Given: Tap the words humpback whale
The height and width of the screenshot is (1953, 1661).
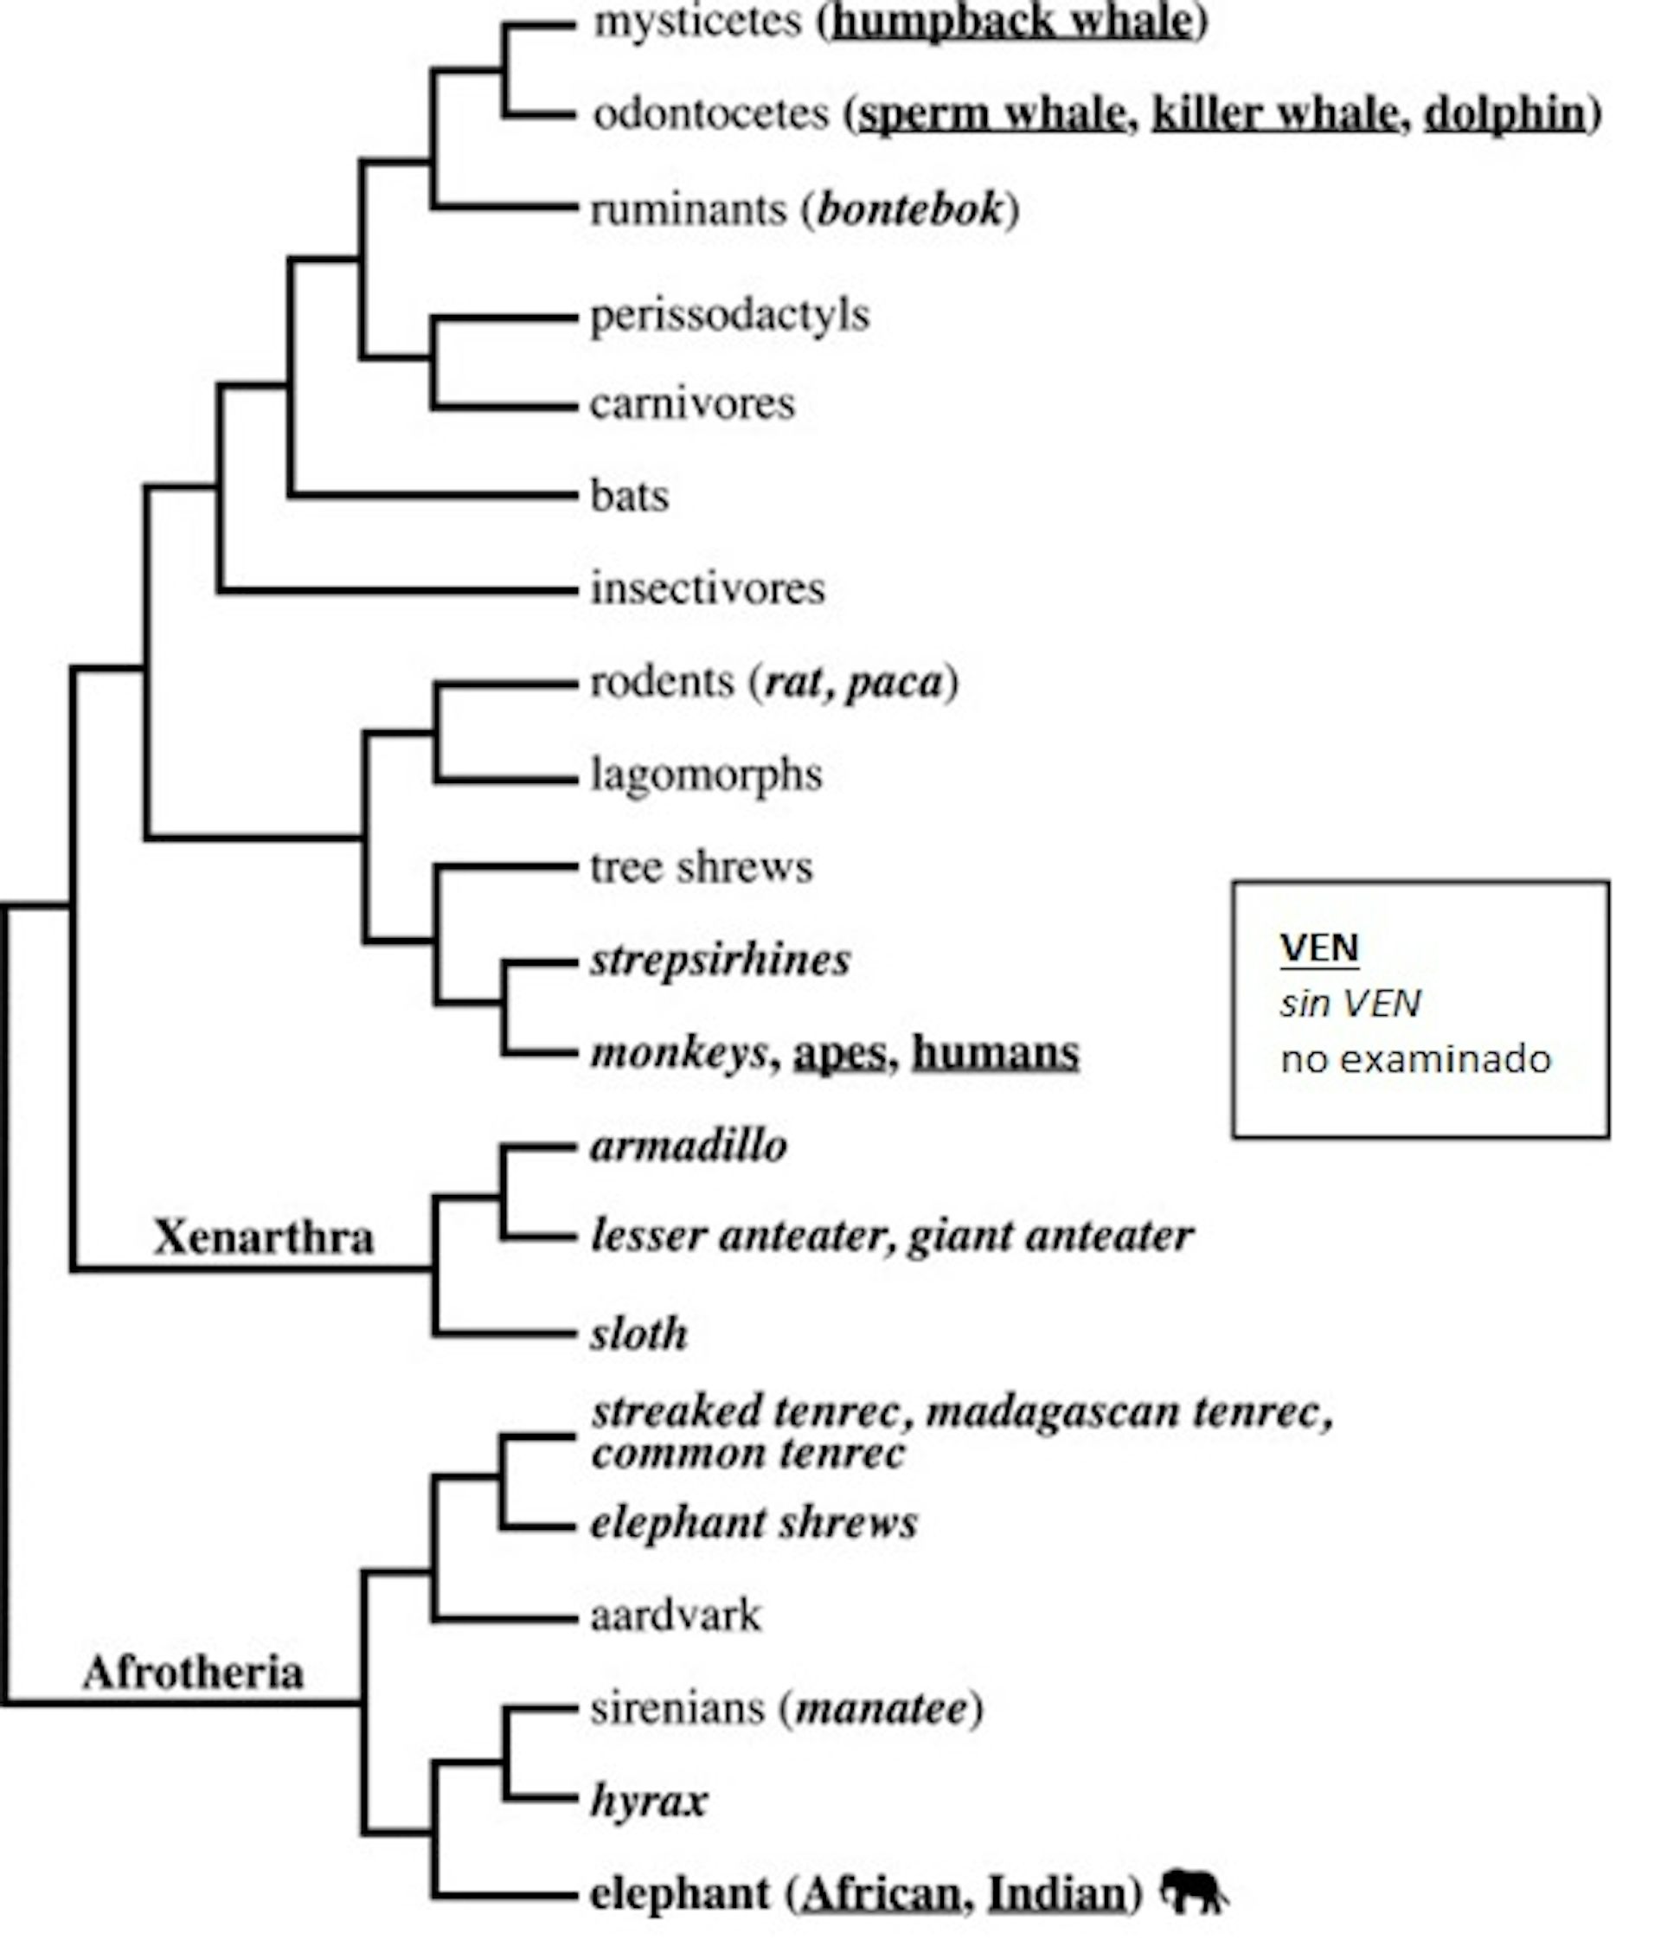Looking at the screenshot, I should (x=1012, y=22).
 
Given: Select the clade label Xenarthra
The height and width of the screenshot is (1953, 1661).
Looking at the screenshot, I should (x=264, y=1237).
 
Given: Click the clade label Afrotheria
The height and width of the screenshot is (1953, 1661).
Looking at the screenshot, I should (x=193, y=1674).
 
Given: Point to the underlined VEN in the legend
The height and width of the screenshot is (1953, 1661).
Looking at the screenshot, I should (x=1319, y=948).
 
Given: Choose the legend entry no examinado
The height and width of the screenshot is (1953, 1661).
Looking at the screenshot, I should (x=1415, y=1059).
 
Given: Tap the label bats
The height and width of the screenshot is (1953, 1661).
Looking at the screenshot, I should (x=629, y=495).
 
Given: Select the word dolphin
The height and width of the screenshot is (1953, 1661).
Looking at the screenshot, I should (x=1504, y=114).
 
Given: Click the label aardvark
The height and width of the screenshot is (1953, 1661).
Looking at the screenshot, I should (x=675, y=1615).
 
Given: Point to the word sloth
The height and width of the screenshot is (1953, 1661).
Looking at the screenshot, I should (x=639, y=1334).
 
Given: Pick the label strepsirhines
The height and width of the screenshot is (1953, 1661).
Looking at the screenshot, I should (x=721, y=960).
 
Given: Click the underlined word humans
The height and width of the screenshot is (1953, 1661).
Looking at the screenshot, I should (x=995, y=1052).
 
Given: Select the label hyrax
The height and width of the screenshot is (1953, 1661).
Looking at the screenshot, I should (x=649, y=1801).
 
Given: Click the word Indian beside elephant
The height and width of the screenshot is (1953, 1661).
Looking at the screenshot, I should (x=1056, y=1892).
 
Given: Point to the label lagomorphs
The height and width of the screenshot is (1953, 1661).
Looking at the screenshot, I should (x=706, y=775).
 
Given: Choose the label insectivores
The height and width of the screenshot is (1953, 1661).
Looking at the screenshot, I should (x=707, y=588).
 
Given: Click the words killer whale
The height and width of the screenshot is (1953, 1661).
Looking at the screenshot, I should (x=1275, y=114).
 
